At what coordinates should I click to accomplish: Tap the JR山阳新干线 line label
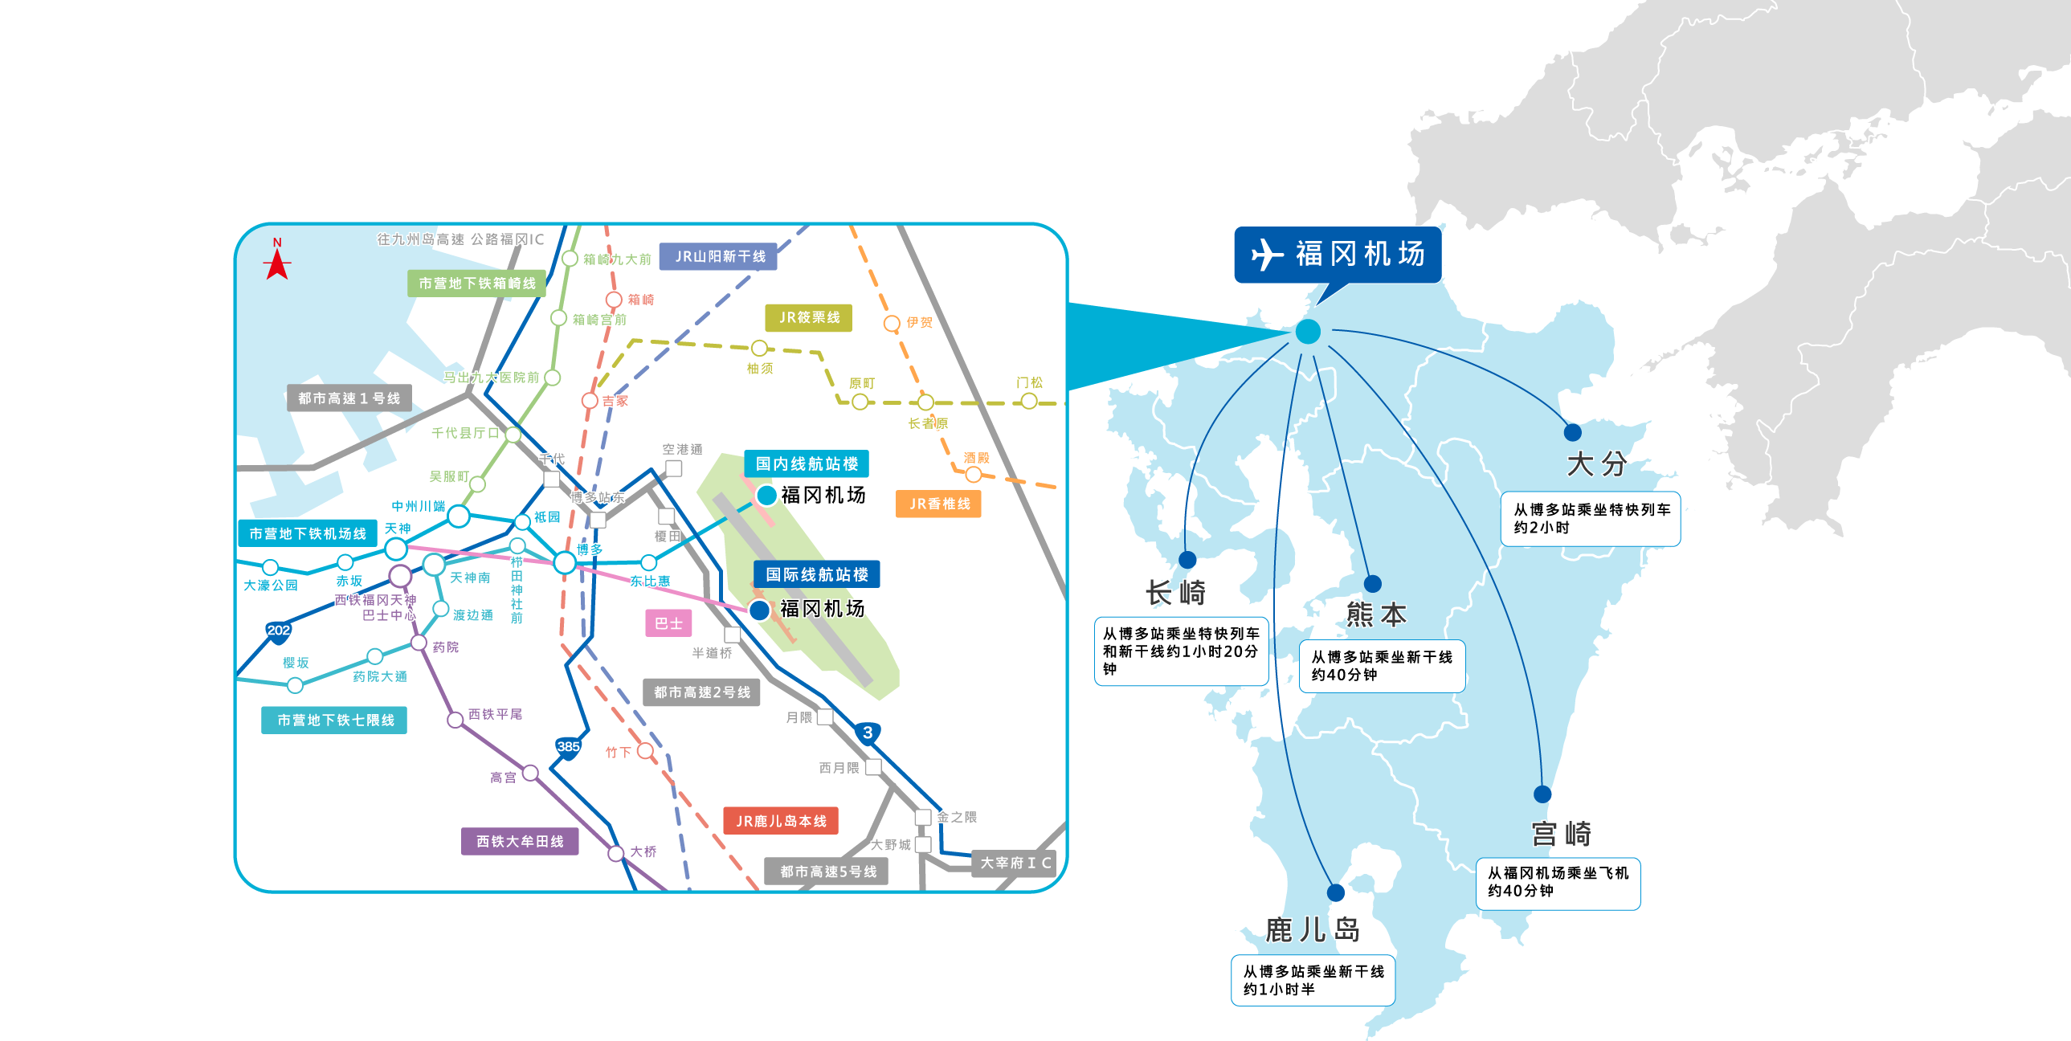pos(718,256)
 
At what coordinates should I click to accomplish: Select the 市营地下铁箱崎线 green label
pos(476,284)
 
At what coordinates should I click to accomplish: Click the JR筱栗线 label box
pos(809,317)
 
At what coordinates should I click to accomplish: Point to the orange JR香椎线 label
pos(938,504)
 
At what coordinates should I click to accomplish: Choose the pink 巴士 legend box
pos(668,623)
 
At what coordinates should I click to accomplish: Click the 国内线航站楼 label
pos(807,463)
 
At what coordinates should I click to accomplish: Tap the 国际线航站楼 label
pos(816,575)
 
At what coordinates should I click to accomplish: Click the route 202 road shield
pos(278,631)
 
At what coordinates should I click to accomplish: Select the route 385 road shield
pos(568,747)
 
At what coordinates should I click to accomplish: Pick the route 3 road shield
pos(867,733)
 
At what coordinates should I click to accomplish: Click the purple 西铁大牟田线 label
pos(520,842)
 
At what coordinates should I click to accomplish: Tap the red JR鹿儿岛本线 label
pos(781,821)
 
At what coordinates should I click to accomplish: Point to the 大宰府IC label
pos(1015,863)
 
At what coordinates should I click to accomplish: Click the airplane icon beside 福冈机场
pos(1268,255)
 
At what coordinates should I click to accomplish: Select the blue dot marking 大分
pos(1573,432)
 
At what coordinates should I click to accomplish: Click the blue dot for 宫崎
pos(1542,794)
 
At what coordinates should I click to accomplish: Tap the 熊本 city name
pos(1376,615)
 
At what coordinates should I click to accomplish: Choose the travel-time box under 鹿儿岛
pos(1313,980)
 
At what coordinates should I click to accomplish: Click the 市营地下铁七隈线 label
pos(334,721)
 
